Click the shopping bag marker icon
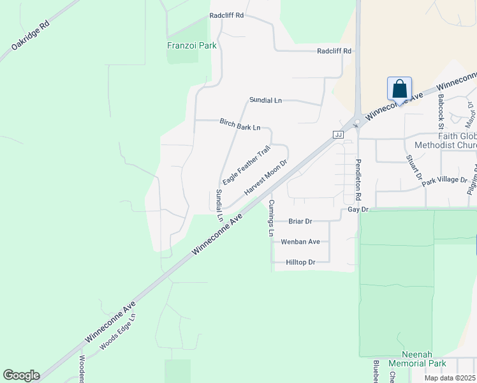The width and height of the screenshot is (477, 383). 399,89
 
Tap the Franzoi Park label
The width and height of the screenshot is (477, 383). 191,45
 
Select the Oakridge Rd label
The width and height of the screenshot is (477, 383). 30,38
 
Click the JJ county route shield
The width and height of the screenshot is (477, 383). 338,135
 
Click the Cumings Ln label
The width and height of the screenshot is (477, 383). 271,218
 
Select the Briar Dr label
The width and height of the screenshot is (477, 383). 300,222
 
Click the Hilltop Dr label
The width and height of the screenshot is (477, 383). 301,262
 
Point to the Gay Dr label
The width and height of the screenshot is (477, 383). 358,209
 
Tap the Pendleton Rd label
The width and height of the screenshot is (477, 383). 358,178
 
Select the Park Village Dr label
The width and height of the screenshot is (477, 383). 444,180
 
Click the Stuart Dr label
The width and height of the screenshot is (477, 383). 415,168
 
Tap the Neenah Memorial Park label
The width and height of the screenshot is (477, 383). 415,359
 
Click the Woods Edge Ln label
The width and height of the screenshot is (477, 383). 118,332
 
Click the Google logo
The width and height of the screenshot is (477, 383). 21,375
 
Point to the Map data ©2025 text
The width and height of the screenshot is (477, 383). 449,378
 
